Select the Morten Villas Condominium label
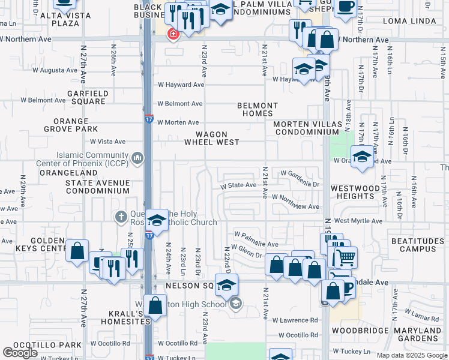307,128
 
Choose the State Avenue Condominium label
97,186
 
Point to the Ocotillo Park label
41,345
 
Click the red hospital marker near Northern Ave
173,34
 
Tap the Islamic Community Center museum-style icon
137,158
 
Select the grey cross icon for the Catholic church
121,216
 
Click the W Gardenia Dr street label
296,185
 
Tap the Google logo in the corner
20,353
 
